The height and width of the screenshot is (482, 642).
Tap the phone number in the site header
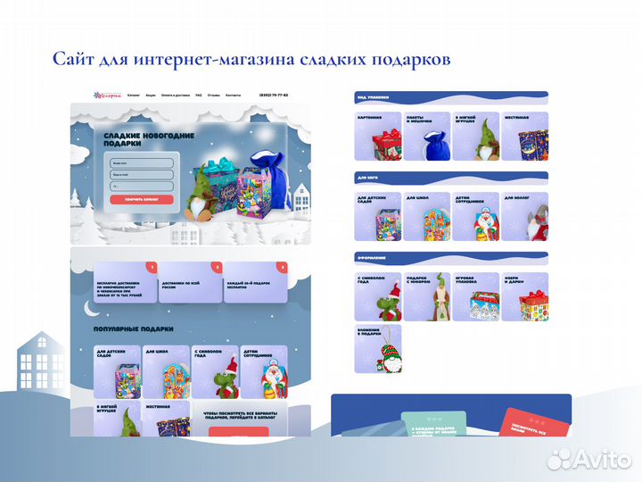[x=274, y=95]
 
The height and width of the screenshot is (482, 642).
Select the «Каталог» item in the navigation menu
[x=134, y=95]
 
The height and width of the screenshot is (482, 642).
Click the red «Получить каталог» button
[x=141, y=199]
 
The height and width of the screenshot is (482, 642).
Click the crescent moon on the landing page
[x=88, y=309]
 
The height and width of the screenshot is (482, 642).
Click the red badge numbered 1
[x=152, y=267]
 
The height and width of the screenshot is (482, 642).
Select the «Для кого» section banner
[x=450, y=177]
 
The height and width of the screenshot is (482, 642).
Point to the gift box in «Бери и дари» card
[x=532, y=303]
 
